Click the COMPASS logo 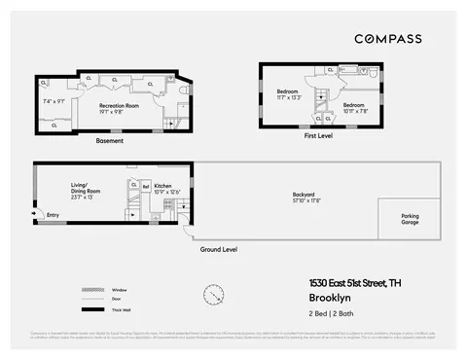click(387, 39)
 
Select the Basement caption click(109, 141)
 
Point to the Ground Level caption click(220, 249)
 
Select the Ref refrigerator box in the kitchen click(146, 185)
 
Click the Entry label click(53, 215)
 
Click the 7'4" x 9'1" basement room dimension click(54, 100)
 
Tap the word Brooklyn click(331, 298)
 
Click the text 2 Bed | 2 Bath click(333, 315)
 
